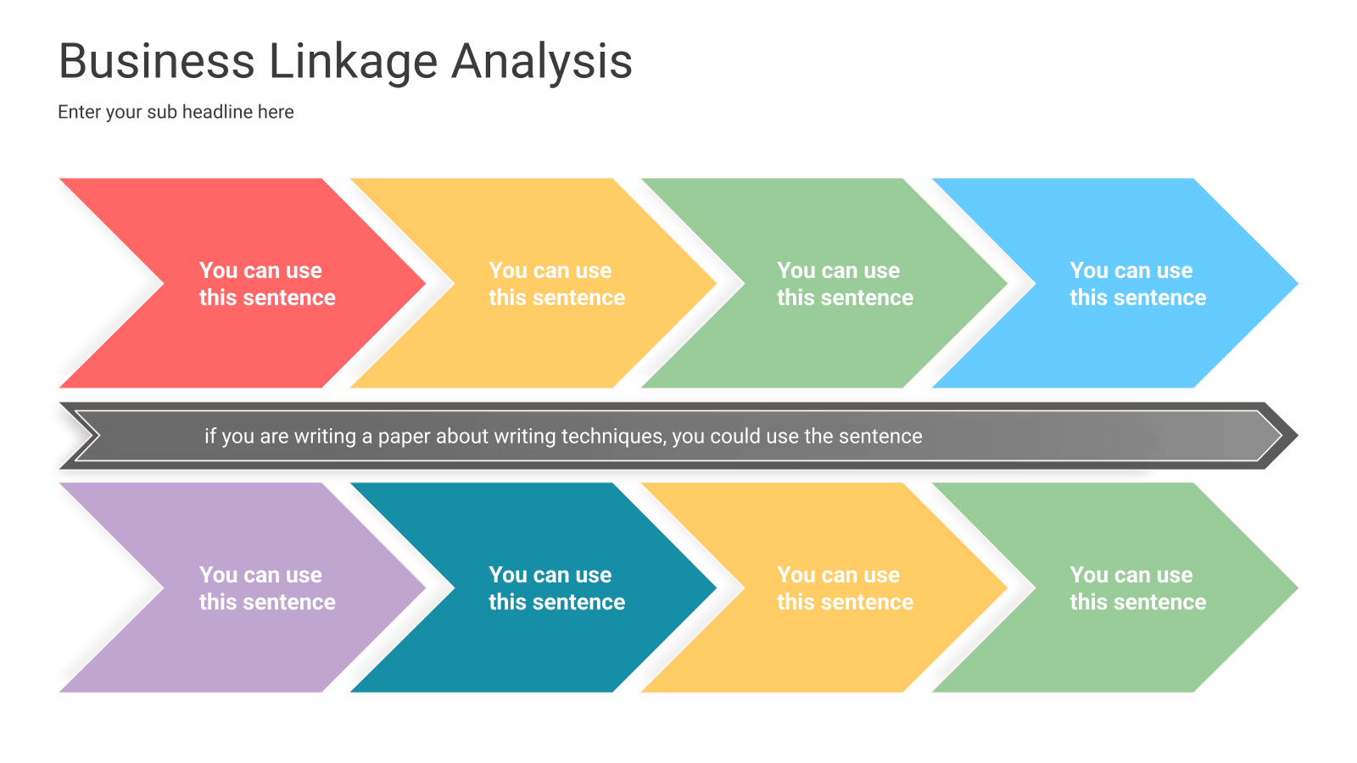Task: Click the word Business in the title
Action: pos(156,61)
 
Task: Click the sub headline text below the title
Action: pos(176,112)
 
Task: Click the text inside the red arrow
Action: pos(267,284)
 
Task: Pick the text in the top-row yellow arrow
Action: pos(556,284)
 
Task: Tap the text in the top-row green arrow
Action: pos(845,284)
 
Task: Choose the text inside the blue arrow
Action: pos(1137,284)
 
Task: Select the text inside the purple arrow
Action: pos(267,588)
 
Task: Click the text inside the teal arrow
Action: pos(556,588)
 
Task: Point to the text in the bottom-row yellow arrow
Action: pos(845,588)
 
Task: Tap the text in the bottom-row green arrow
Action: pos(1137,588)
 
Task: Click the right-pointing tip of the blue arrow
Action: pos(1297,283)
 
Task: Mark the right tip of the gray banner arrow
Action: pos(1297,436)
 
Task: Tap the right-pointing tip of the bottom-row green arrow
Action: pos(1297,588)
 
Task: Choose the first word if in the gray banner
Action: pos(210,436)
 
